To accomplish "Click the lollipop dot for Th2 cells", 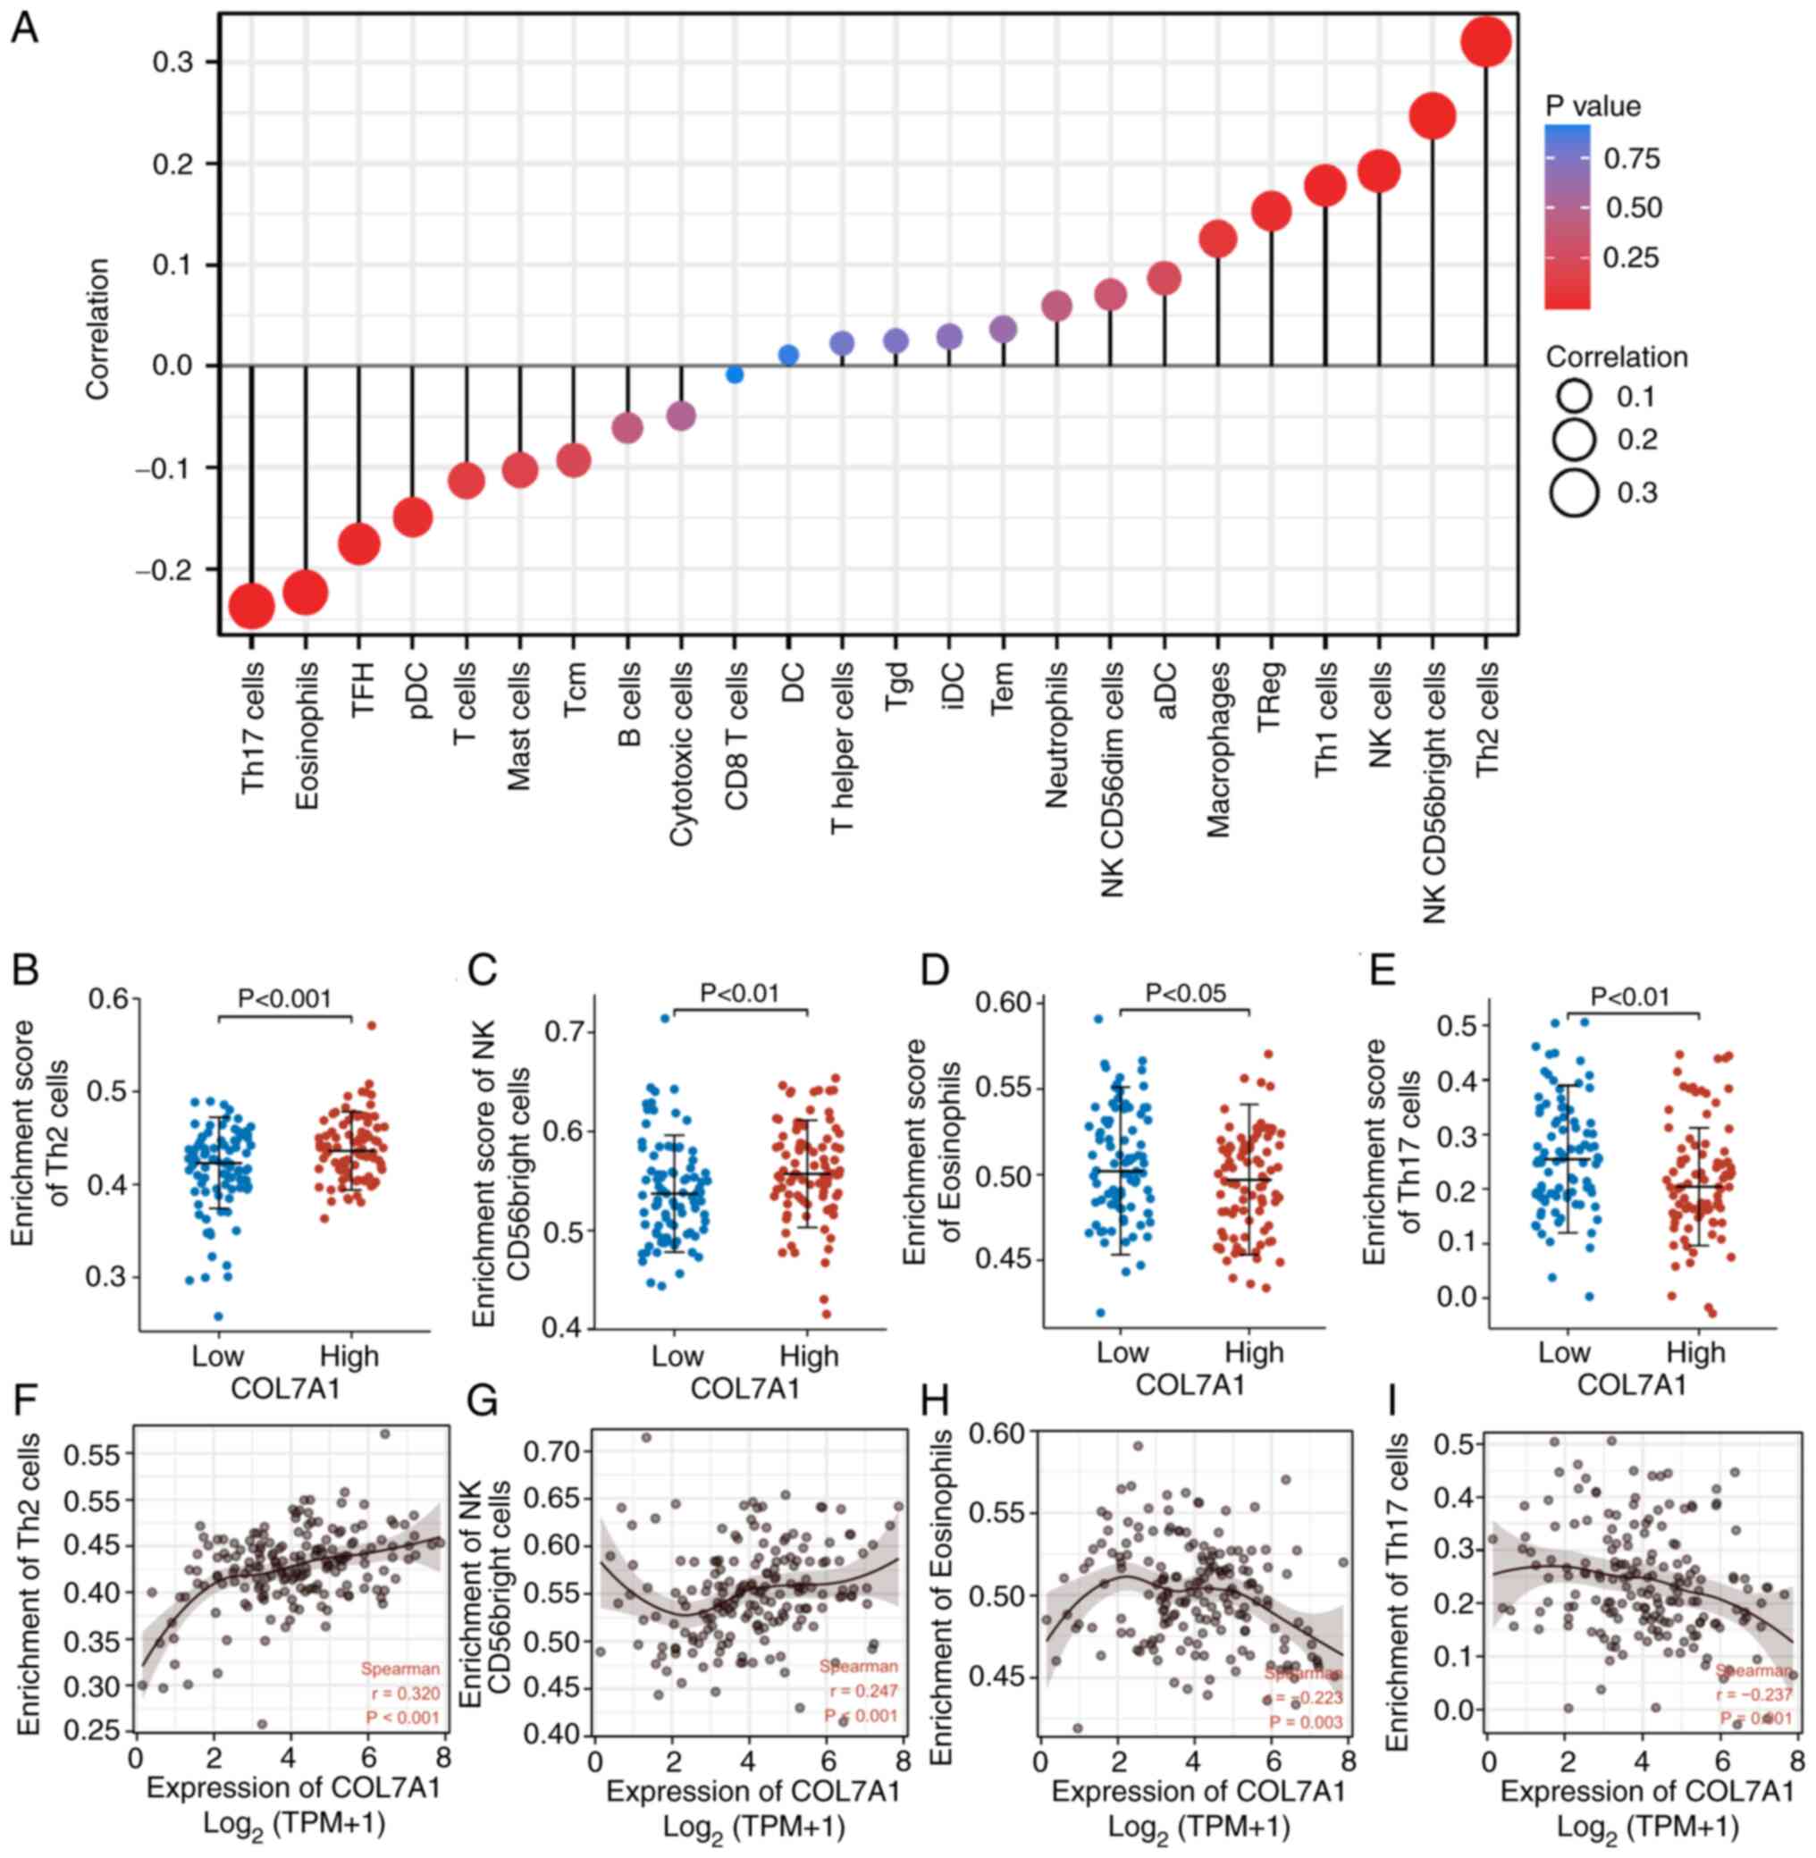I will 1485,44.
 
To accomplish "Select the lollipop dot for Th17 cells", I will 252,607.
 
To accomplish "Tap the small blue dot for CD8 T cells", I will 735,374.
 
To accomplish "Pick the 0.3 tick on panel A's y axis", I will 172,63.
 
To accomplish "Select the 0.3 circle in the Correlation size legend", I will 1574,493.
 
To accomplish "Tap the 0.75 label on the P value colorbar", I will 1632,158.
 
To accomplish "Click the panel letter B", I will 26,970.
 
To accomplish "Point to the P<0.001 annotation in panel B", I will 284,998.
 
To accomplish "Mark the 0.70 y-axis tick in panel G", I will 553,1451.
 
